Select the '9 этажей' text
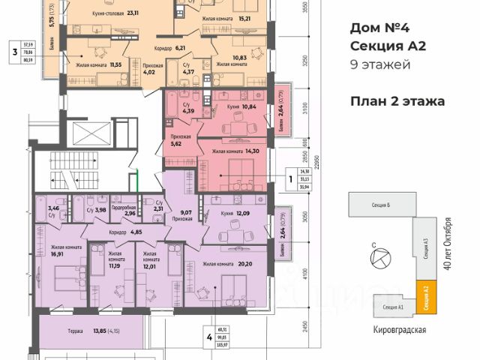tap(380, 65)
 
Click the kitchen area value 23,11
tap(133, 13)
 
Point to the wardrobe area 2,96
tap(129, 213)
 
